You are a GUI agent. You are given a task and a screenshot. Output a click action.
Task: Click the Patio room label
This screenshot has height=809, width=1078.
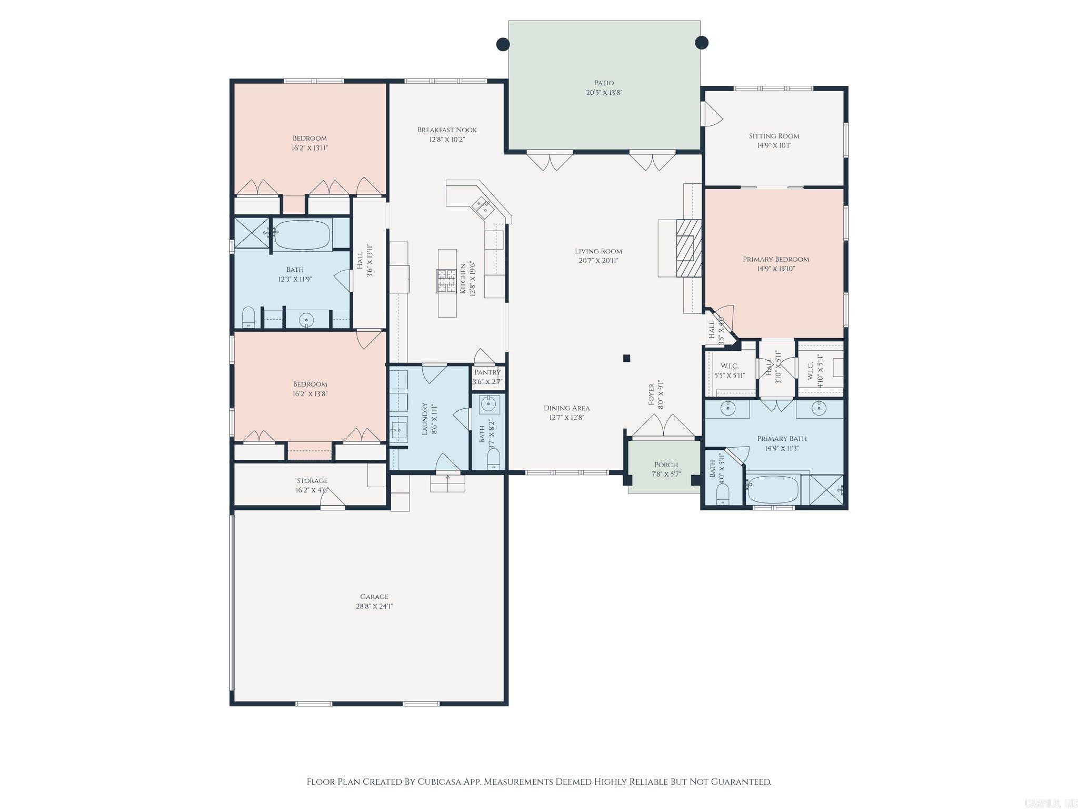604,83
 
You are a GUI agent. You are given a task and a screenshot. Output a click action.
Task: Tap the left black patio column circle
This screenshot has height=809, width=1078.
503,44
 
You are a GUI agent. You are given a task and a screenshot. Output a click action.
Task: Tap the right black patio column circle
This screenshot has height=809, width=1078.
702,42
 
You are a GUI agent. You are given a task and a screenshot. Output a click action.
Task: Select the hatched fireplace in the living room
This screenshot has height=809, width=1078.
689,248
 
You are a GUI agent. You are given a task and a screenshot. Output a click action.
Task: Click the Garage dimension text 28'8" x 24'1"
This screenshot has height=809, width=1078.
374,606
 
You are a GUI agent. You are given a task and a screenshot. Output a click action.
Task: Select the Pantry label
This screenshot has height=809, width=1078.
487,372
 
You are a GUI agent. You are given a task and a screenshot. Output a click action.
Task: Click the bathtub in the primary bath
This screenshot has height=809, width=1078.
772,489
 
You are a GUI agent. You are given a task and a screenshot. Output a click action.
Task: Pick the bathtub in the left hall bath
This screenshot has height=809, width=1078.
302,235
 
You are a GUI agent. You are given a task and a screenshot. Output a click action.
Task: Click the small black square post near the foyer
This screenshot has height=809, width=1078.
626,358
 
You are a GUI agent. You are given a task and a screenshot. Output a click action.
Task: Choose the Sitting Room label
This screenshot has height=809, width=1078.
774,136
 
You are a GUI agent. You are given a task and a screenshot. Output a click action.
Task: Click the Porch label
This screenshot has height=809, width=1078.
666,465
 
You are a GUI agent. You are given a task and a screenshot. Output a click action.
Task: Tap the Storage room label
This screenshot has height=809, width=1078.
312,480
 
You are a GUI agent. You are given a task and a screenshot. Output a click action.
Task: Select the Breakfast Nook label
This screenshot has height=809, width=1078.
447,130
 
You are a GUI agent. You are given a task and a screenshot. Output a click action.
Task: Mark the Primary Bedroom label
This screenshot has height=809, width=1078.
775,259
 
